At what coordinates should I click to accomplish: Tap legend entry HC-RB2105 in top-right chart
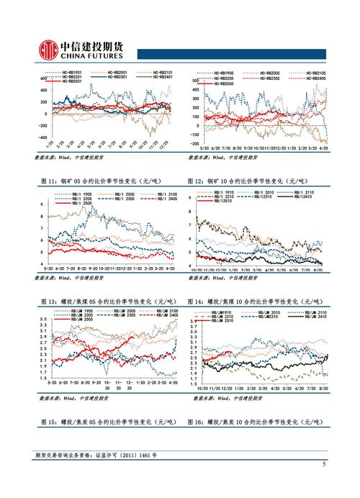coord(311,73)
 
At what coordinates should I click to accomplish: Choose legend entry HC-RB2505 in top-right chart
coord(225,83)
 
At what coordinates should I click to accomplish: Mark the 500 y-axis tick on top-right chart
coord(194,81)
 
